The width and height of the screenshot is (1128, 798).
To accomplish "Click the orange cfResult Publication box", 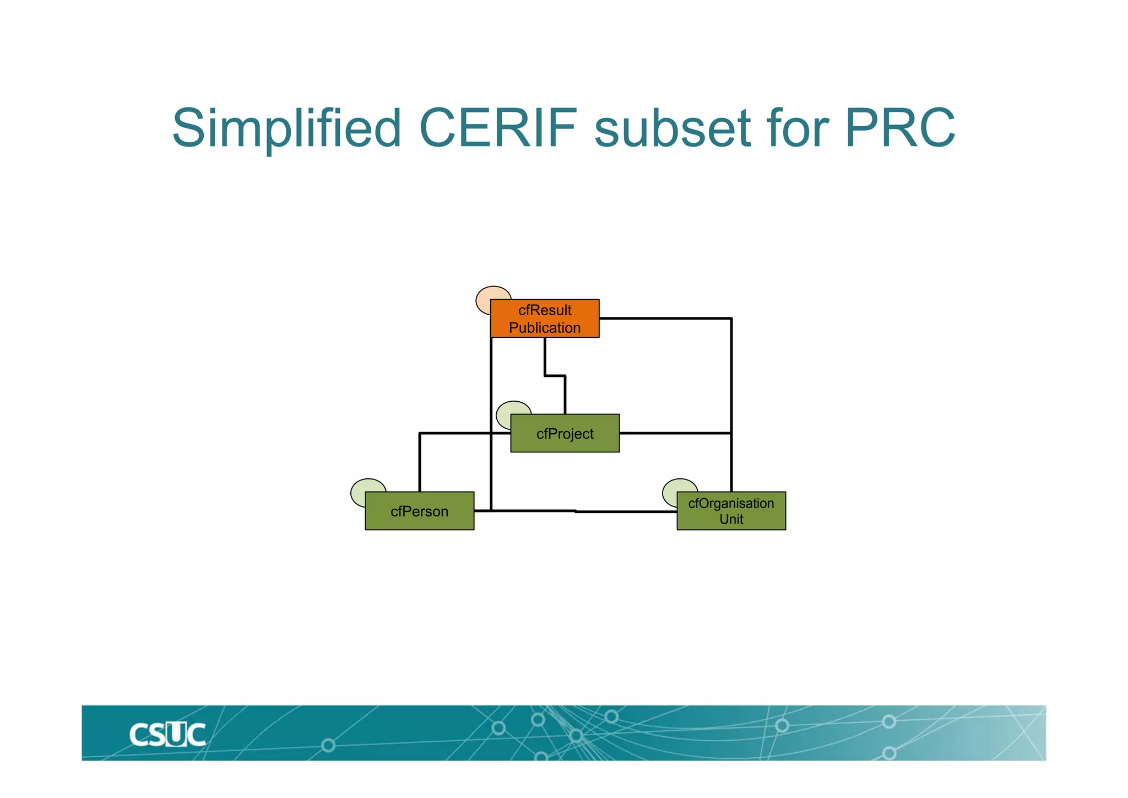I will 544,318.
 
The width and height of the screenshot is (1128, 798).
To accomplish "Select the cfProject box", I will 565,433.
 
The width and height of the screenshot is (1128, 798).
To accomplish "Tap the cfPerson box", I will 419,511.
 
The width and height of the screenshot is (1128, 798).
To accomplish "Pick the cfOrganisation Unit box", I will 731,511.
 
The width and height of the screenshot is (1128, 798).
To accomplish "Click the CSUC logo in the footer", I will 167,735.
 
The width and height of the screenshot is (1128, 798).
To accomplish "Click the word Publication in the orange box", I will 544,327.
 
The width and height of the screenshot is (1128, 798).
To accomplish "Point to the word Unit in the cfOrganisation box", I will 731,519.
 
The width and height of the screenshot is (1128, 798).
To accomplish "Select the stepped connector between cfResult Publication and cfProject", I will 555,376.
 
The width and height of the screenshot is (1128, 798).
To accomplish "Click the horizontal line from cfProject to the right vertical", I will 675,433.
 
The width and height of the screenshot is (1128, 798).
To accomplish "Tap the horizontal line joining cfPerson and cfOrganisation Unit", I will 576,511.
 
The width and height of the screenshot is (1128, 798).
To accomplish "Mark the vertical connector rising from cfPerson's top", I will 420,463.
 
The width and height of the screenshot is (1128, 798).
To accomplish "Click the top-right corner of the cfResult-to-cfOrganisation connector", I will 731,319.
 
